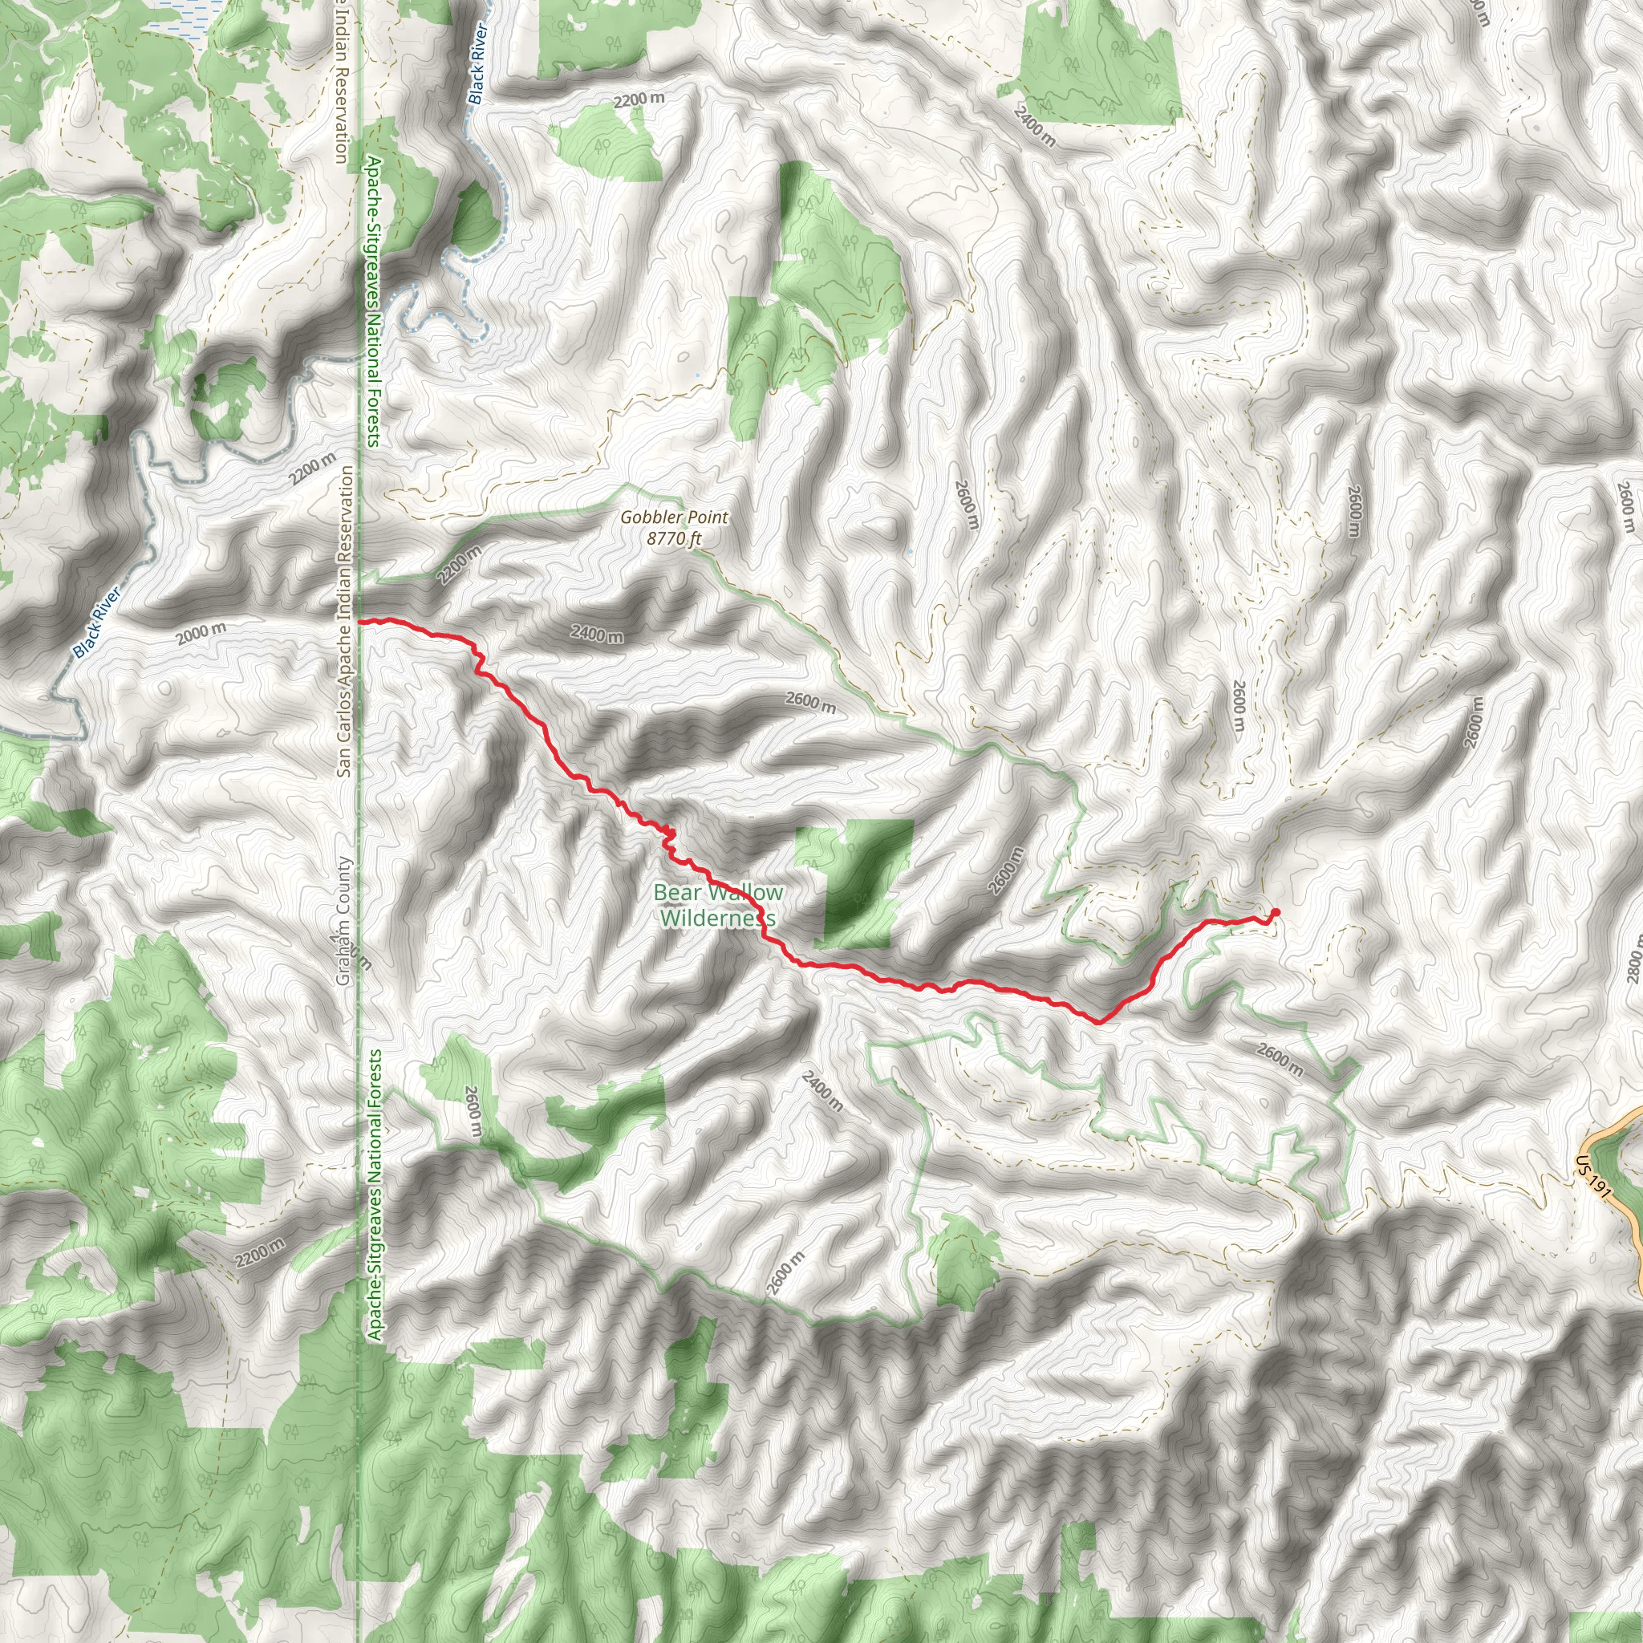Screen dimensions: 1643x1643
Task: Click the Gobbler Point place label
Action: click(x=674, y=517)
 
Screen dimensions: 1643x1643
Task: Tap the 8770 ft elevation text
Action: click(x=674, y=538)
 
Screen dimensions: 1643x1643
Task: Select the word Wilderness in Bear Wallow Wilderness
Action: click(x=717, y=919)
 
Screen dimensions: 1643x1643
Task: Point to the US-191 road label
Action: click(x=1592, y=1177)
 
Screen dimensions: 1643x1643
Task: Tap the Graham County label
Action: click(x=343, y=921)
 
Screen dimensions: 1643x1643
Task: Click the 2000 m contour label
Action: click(x=201, y=633)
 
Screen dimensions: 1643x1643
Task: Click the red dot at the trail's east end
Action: click(x=1275, y=913)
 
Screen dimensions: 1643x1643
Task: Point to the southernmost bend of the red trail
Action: click(x=1099, y=1021)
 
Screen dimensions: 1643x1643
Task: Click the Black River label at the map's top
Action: click(x=479, y=64)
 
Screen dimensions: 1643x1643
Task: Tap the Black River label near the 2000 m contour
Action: click(x=97, y=622)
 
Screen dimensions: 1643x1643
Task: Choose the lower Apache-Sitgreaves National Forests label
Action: click(x=375, y=1195)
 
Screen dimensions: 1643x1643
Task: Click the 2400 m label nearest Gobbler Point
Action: click(x=596, y=634)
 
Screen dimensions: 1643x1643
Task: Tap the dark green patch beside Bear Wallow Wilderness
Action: click(x=859, y=884)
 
